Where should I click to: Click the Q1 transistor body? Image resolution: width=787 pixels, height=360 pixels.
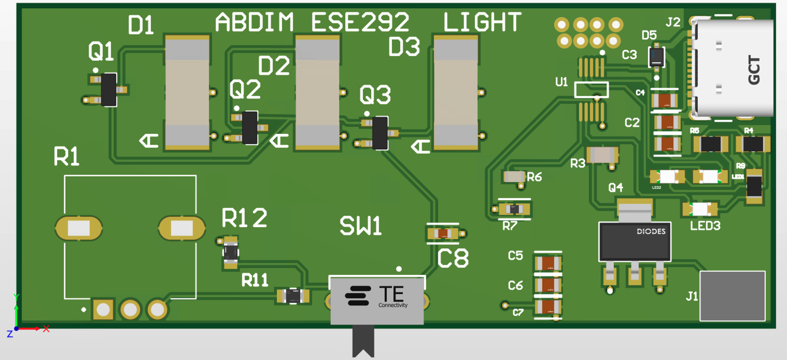click(108, 89)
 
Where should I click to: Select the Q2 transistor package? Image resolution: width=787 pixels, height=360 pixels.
click(250, 127)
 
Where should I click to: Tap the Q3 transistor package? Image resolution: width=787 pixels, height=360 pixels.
click(380, 133)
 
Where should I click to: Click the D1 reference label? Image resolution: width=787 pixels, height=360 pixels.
click(141, 24)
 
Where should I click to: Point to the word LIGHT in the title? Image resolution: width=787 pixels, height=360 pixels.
click(482, 22)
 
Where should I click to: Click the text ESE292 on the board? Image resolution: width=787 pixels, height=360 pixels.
click(360, 22)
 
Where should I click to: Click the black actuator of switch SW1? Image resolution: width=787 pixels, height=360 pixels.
click(363, 340)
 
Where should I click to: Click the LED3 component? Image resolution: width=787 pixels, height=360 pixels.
click(700, 210)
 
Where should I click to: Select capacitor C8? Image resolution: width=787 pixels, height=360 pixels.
click(443, 234)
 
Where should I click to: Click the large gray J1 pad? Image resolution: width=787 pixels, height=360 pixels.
click(732, 296)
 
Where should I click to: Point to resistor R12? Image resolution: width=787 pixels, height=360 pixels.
click(231, 253)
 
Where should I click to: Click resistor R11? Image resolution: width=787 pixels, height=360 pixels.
click(293, 296)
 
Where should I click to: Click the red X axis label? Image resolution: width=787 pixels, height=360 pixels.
click(46, 328)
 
